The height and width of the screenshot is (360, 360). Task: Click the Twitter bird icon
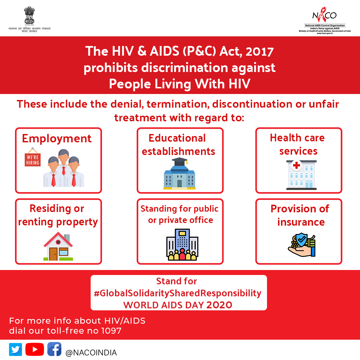pos(15,349)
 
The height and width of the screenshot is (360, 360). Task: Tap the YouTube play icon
pos(34,349)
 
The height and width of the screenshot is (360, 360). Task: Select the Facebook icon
pos(54,349)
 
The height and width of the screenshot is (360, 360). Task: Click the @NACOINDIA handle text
pos(91,353)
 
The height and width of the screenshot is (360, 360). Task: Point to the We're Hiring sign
pos(33,160)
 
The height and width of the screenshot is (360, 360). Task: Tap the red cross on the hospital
pos(296,165)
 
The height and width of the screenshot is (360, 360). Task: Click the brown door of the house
pos(53,254)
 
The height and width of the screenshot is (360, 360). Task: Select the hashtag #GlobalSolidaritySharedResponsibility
pos(178,293)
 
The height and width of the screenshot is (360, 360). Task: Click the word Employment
pos(57,138)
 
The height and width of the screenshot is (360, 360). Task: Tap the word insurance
pos(301,222)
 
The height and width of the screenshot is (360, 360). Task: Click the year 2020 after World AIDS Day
pos(219,305)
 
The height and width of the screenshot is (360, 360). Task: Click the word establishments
pos(178,151)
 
